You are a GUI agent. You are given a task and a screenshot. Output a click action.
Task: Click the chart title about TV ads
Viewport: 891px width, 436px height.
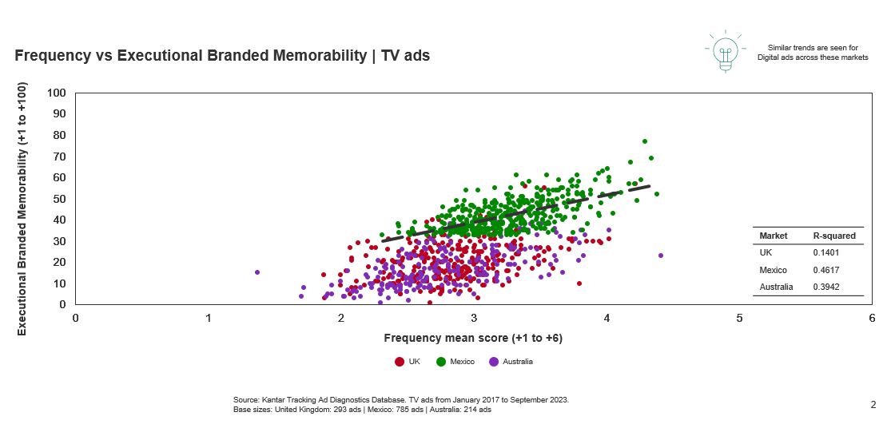point(222,56)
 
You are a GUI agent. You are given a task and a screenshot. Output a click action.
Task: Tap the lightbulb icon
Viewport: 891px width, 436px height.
point(725,53)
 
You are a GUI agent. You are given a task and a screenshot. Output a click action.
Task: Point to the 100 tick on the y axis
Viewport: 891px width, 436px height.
point(56,93)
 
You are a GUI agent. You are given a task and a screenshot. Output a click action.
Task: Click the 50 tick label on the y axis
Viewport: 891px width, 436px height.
point(59,199)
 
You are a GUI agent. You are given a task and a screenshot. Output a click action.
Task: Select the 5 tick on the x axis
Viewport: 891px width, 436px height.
point(739,318)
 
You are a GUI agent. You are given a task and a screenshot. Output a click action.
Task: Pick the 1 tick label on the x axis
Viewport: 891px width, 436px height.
point(209,318)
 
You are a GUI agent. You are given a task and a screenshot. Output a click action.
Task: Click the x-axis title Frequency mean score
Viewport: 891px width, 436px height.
point(473,338)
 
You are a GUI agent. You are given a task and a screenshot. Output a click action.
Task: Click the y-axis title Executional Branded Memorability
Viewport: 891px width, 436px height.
point(22,208)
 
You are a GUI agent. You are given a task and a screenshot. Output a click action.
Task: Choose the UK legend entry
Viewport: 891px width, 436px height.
point(408,362)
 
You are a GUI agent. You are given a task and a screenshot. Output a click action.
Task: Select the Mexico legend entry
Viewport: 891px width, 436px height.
point(455,362)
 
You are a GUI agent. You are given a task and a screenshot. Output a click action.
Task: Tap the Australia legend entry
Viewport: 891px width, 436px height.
point(511,362)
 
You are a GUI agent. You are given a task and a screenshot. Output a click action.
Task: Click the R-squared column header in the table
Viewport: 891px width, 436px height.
point(834,236)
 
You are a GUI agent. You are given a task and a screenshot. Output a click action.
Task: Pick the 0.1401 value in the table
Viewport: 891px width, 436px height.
point(825,252)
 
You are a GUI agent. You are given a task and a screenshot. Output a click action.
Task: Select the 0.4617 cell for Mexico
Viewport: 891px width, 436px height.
point(825,270)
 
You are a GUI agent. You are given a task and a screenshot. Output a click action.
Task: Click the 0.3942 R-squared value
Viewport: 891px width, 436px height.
point(825,287)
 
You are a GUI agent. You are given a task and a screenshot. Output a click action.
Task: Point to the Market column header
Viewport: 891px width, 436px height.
point(773,236)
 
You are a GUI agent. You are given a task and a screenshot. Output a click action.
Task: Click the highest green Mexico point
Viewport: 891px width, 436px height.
point(644,141)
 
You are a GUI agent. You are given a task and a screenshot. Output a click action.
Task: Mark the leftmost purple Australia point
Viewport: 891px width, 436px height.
point(257,272)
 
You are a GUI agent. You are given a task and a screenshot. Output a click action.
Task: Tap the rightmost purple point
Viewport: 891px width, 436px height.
point(661,256)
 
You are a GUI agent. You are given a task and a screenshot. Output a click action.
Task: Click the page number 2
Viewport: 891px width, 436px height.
point(873,405)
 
